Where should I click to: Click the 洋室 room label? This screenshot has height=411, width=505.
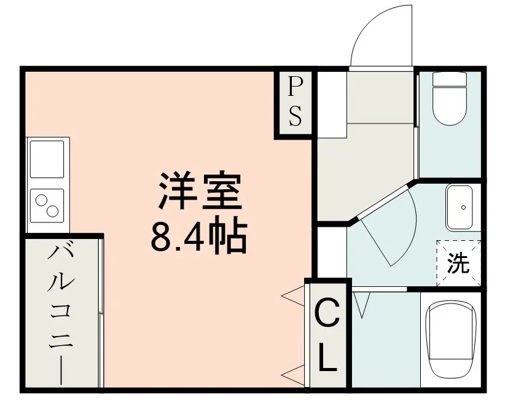point(200,192)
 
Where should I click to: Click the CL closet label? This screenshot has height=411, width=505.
point(327,335)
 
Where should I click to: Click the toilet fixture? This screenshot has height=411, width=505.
point(450,98)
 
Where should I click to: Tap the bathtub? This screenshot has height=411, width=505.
point(450,339)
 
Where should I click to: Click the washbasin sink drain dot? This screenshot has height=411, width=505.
point(463,207)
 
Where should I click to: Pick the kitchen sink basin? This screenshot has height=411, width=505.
point(47,159)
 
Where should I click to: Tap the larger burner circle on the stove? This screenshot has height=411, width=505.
point(52,211)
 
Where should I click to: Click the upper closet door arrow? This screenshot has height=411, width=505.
point(293,296)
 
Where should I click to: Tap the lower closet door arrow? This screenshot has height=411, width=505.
point(293,375)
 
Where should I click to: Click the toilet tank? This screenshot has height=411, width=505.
point(450,79)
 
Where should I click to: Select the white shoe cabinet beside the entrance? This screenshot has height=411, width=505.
point(332,104)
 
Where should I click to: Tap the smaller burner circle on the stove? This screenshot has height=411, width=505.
point(41,200)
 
